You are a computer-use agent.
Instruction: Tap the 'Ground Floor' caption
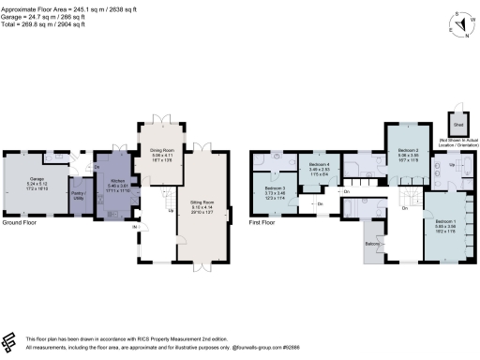pos(19,224)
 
